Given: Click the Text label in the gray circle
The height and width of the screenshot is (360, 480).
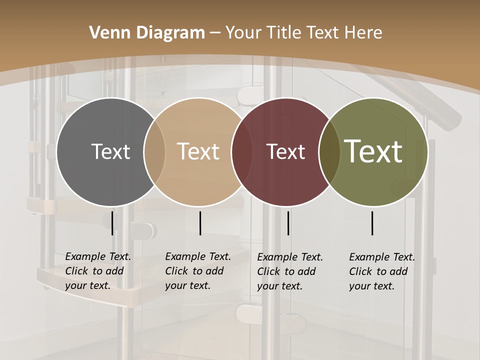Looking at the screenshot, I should [110, 151].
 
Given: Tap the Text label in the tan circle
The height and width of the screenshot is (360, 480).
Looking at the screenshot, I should [198, 151].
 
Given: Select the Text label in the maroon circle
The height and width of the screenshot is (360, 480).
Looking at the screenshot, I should [286, 151].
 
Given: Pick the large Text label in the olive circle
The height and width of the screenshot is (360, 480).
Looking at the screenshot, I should [373, 151].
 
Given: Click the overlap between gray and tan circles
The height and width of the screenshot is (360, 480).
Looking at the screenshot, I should [154, 151].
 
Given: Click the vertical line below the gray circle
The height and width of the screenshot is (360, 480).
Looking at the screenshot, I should [112, 223].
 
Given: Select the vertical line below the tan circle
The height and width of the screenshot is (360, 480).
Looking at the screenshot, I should [200, 223].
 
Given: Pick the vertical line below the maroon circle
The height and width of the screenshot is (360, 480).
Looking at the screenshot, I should [288, 223].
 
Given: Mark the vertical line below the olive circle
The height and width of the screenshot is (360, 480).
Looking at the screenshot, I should [372, 223].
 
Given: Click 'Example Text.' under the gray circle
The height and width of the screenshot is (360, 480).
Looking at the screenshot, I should [98, 256].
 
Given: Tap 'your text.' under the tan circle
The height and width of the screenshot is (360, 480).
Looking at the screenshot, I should [188, 285].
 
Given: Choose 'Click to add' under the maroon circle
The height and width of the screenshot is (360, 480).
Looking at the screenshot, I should [286, 271].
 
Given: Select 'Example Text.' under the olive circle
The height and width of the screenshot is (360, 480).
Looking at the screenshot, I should [382, 257].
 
